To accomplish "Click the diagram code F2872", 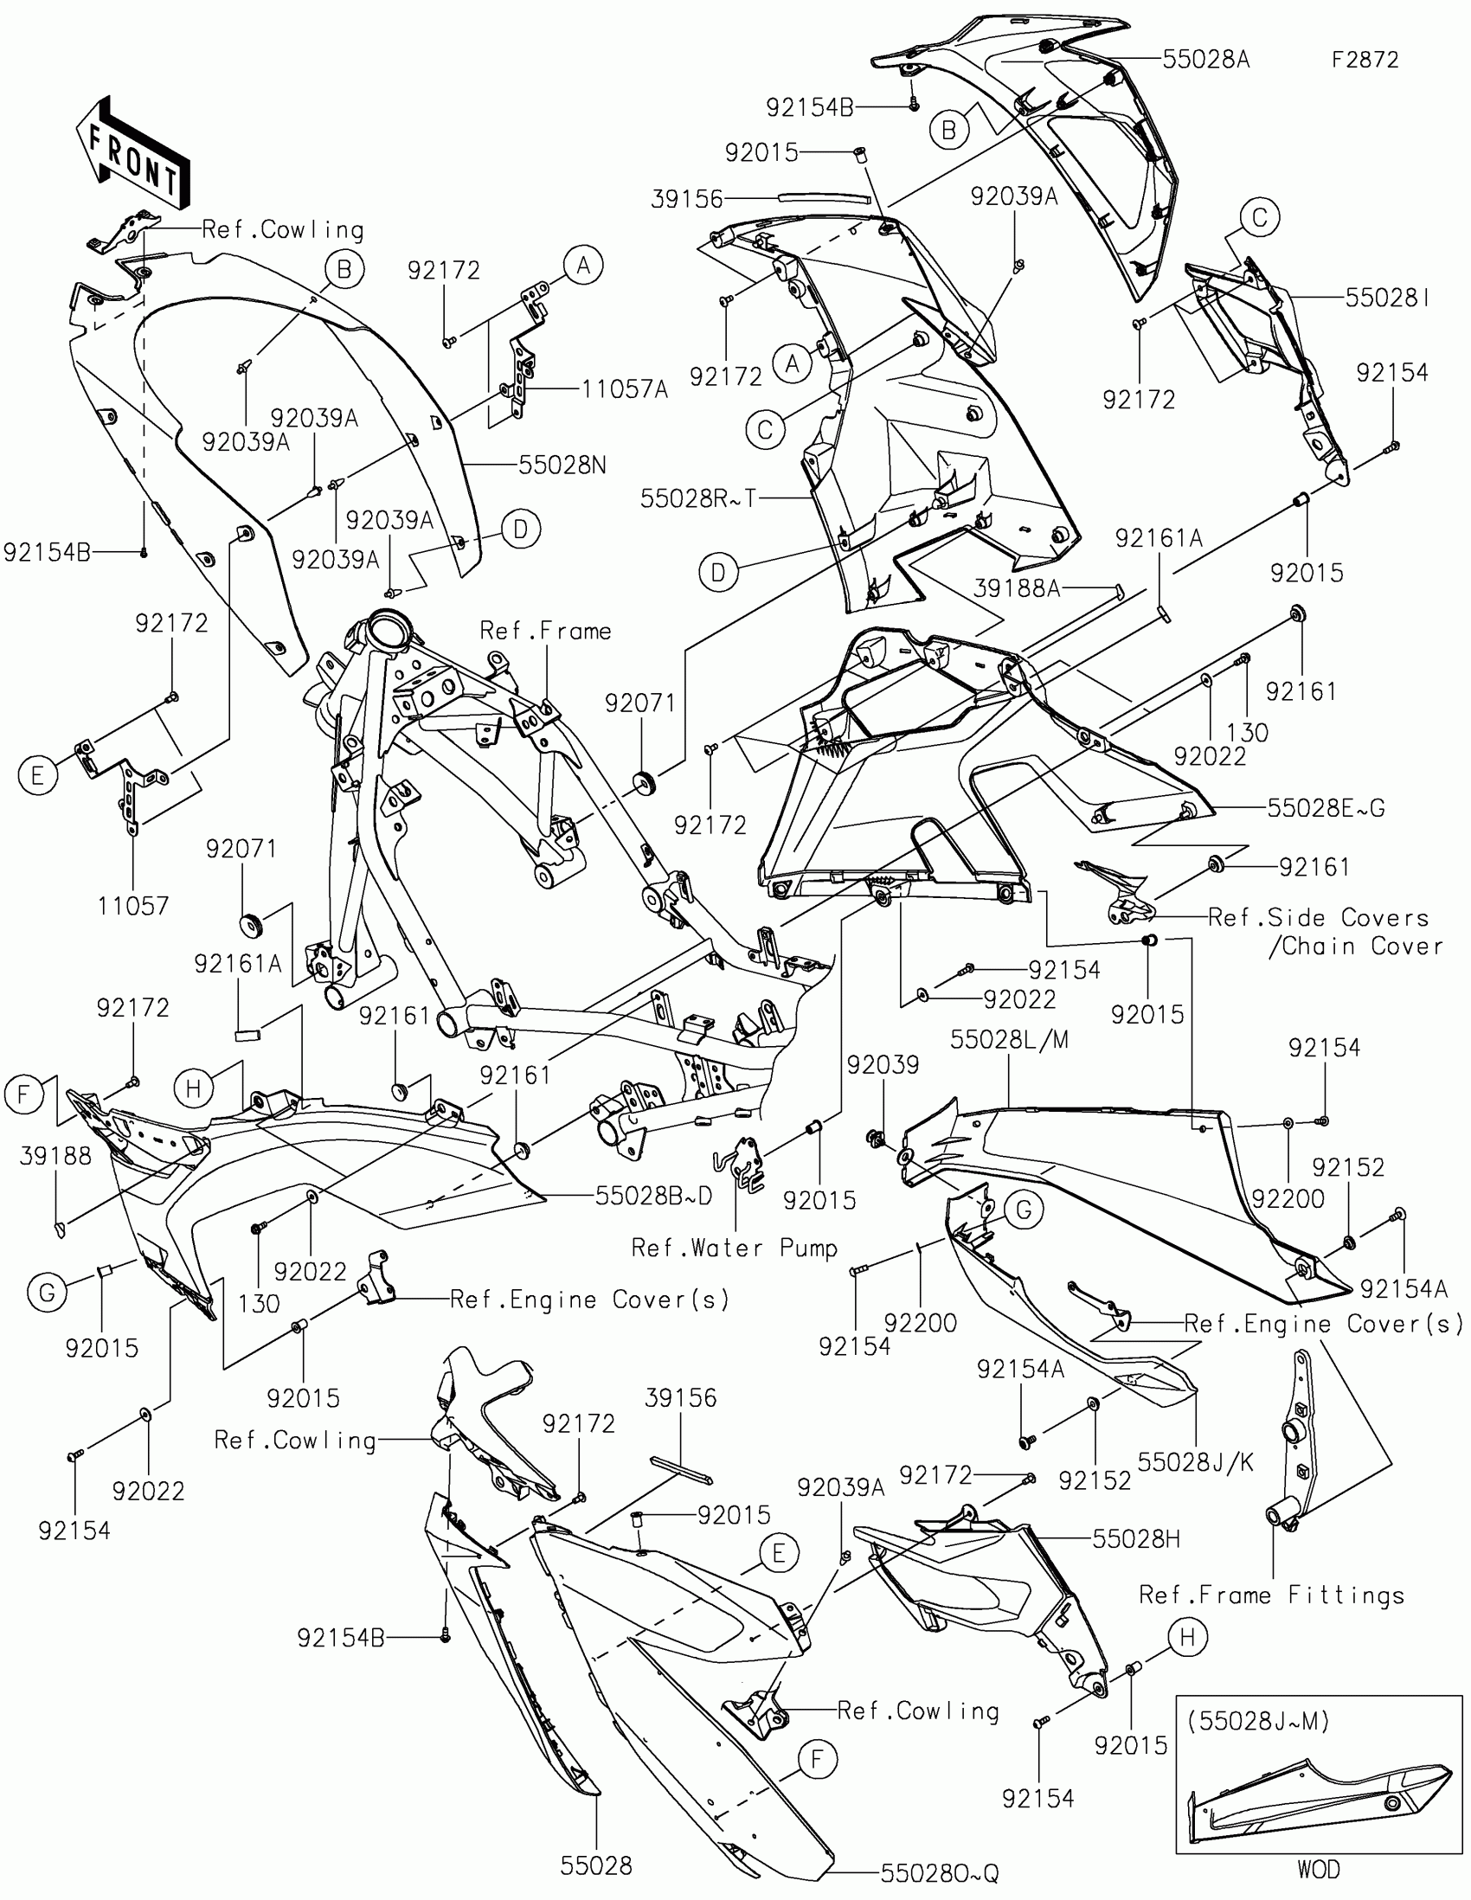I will pyautogui.click(x=1365, y=59).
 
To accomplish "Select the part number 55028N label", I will pyautogui.click(x=562, y=465).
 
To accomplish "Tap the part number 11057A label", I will pyautogui.click(x=625, y=388).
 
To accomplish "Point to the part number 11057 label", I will pyautogui.click(x=133, y=906).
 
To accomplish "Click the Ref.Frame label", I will pyautogui.click(x=545, y=630).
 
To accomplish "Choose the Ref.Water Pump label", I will pyautogui.click(x=734, y=1248).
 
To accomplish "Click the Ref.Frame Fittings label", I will pyautogui.click(x=1272, y=1595).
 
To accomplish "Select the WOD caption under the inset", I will pyautogui.click(x=1318, y=1869).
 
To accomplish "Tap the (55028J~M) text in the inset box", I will pyautogui.click(x=1259, y=1721).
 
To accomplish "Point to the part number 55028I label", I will pyautogui.click(x=1388, y=298).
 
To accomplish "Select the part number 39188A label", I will pyautogui.click(x=1017, y=589).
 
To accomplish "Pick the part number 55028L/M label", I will pyautogui.click(x=1009, y=1039).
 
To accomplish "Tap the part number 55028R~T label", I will pyautogui.click(x=698, y=497).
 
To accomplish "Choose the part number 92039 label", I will pyautogui.click(x=883, y=1064).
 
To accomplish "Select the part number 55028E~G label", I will pyautogui.click(x=1326, y=807).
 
